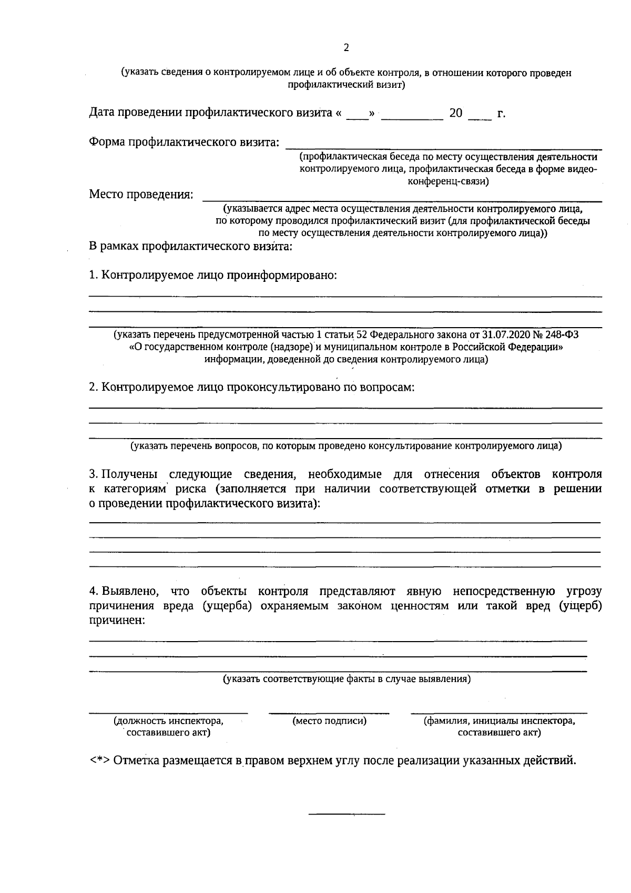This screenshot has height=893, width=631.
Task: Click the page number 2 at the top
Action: point(346,48)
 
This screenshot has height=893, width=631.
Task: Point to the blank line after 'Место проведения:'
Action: point(402,199)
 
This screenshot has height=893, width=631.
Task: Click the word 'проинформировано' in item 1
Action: point(281,275)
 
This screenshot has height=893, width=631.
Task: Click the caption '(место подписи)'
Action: point(330,721)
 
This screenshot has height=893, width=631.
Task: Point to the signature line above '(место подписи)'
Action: point(329,713)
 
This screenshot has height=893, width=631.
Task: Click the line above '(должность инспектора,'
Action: point(168,713)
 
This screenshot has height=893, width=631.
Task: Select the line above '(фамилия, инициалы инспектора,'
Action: point(499,713)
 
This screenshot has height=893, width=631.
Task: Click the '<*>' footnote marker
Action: point(100,761)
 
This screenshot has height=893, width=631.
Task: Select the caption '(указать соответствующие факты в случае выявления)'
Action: point(347,679)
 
